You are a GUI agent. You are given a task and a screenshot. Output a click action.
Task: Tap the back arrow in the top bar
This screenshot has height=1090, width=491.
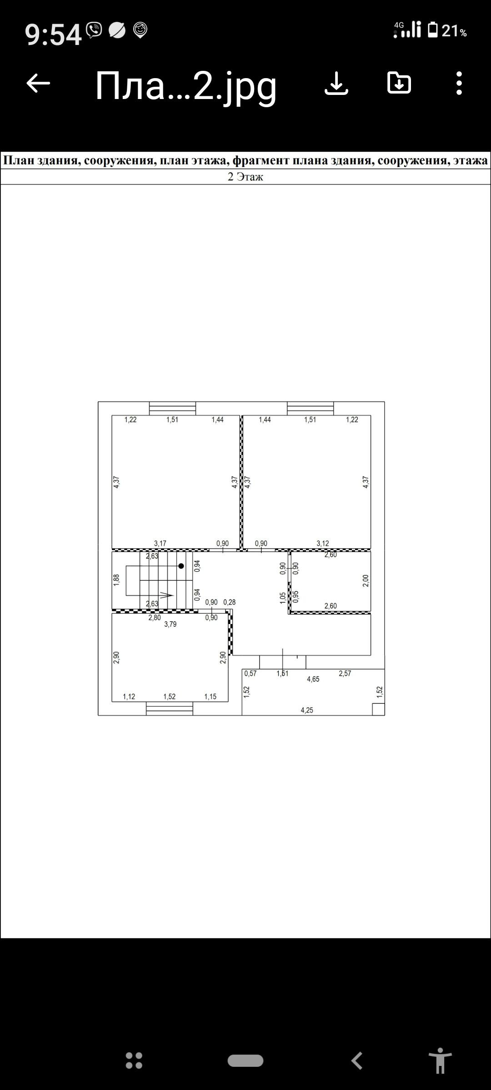(38, 83)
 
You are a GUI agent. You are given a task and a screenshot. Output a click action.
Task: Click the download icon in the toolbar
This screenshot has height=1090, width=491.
(336, 84)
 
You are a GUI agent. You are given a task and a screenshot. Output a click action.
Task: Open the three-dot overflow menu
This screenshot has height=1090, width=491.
(459, 84)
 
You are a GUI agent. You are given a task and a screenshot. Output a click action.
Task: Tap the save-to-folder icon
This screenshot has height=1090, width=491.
(399, 83)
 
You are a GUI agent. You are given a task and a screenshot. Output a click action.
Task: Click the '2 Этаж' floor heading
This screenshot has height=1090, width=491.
(245, 177)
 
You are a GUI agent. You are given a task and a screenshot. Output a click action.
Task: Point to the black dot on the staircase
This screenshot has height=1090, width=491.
(181, 566)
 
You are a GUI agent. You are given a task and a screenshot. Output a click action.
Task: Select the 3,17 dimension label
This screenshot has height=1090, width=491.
(160, 543)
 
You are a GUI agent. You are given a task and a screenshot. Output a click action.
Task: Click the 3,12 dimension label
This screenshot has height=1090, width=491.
(323, 543)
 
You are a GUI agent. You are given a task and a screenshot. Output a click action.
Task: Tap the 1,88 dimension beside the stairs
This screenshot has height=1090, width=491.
(116, 580)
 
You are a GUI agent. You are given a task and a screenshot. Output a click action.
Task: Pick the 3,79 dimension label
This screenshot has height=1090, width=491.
(170, 624)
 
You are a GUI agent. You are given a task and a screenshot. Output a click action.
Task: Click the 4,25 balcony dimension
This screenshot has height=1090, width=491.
(307, 710)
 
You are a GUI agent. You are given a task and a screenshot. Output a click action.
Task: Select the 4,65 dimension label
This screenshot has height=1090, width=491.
(313, 679)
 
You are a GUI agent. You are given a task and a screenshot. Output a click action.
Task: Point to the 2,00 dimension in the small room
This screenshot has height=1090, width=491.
(366, 581)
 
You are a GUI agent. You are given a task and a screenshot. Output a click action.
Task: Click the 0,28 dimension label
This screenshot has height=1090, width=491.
(230, 602)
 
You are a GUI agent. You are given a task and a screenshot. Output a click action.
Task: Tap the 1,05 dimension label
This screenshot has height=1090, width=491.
(283, 598)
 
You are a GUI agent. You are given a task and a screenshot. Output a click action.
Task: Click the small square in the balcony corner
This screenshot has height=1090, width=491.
(378, 709)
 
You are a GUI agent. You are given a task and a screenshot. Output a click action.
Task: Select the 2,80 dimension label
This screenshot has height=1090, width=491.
(155, 617)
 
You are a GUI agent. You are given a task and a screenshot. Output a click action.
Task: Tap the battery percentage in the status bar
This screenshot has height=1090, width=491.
(454, 31)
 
